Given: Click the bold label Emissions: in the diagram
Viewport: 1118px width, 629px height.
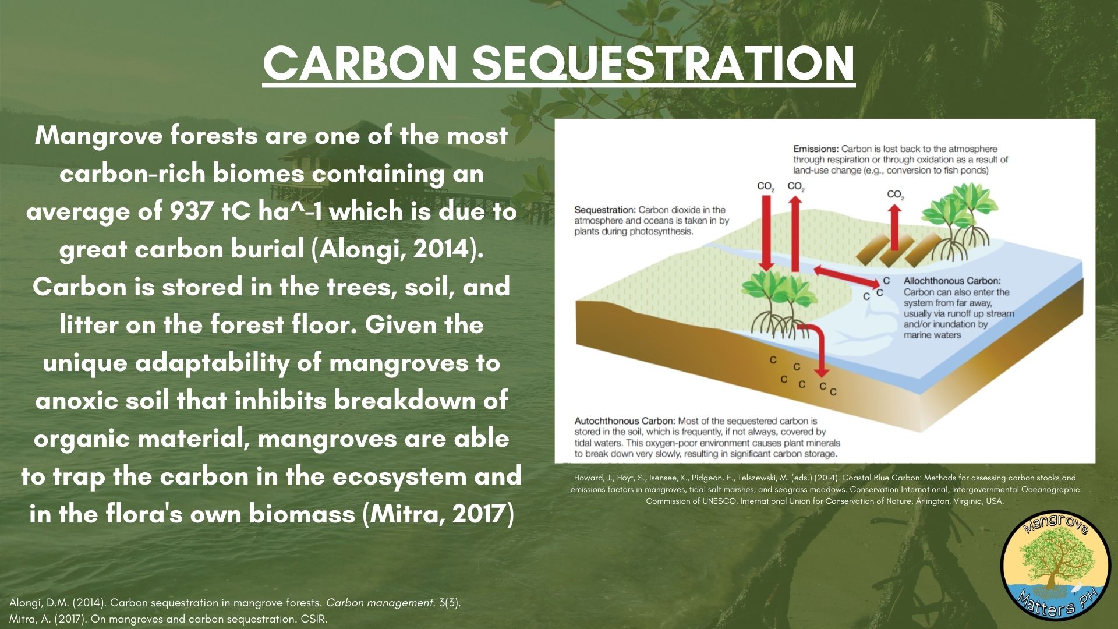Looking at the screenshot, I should (815, 149).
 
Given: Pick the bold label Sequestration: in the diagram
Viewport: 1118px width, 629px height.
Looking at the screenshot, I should (604, 210).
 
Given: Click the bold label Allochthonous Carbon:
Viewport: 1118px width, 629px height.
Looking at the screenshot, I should (951, 281).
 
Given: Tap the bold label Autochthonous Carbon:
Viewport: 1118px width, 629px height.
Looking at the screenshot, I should (624, 420).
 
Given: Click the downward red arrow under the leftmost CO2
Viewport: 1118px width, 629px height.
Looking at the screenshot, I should (766, 233).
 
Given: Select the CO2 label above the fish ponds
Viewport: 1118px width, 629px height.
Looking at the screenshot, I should (895, 195).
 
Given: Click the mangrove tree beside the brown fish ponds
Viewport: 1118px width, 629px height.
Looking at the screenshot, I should (958, 215).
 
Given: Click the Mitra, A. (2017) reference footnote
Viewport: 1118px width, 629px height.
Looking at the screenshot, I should (168, 619).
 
